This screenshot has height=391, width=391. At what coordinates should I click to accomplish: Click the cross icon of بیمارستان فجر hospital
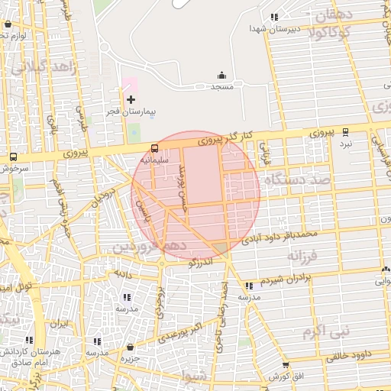coord(131,99)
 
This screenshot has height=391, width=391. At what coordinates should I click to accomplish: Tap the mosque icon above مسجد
coord(222,75)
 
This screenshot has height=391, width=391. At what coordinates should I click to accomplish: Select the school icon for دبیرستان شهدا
coord(273,17)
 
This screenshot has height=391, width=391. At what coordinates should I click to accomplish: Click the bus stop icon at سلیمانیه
coord(155,148)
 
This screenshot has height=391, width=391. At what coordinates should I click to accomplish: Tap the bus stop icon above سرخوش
coord(13,157)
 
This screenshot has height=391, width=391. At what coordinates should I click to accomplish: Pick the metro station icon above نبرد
coord(347,131)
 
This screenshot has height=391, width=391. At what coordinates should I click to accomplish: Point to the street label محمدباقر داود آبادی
coord(278,235)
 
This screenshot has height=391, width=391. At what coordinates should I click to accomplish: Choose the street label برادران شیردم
coord(286,279)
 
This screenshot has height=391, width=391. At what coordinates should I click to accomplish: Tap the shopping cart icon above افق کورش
coord(286,365)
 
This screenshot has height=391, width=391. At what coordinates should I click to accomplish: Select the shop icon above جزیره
coord(131,347)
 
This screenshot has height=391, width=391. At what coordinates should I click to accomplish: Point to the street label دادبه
coord(124,272)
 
